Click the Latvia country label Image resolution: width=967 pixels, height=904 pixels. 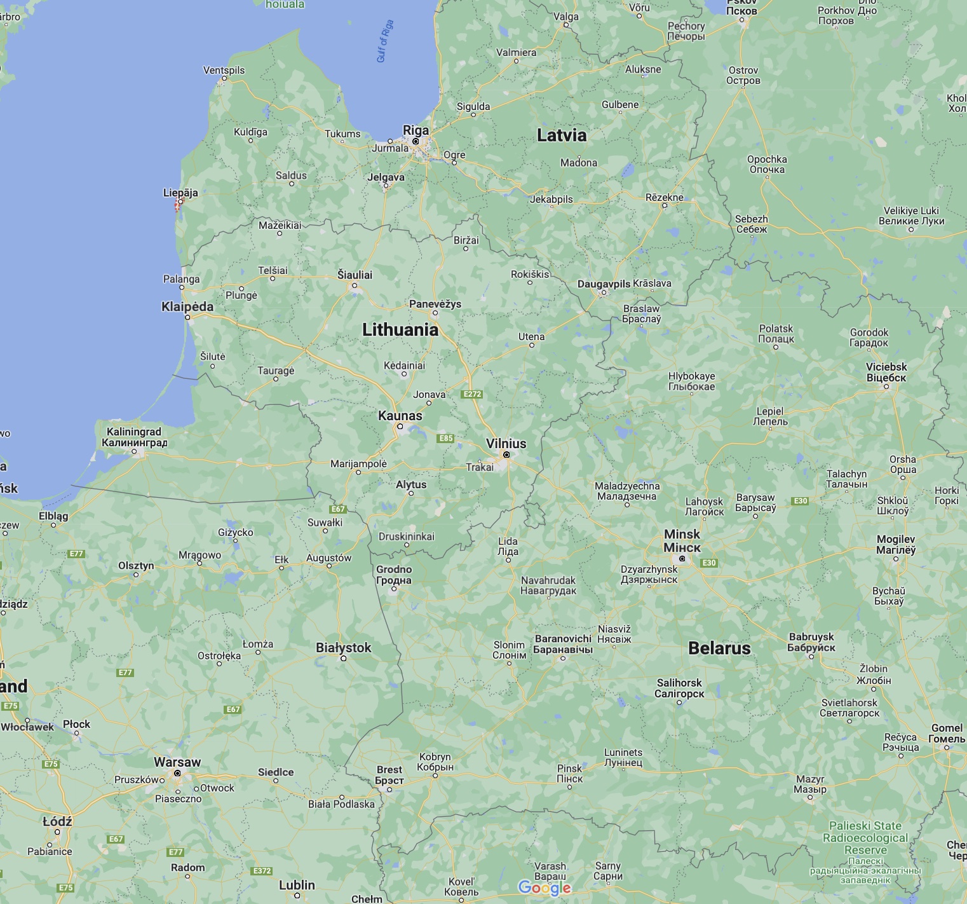[x=561, y=135]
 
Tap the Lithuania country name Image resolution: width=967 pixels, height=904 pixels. [x=400, y=329]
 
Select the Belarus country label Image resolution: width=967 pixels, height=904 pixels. [x=719, y=648]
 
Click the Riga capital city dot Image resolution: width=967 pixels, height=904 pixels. [x=416, y=141]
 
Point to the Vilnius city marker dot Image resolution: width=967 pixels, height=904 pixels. [x=506, y=455]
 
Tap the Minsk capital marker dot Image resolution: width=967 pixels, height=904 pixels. [x=682, y=559]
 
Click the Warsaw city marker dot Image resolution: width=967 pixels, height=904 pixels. [x=177, y=774]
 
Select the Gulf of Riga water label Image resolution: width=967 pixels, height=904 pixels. [x=385, y=41]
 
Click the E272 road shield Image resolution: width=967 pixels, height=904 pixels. [x=472, y=394]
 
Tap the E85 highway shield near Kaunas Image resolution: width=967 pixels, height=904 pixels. [x=446, y=438]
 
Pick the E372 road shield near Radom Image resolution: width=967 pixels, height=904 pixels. [x=262, y=871]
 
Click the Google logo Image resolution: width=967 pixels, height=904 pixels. [x=544, y=887]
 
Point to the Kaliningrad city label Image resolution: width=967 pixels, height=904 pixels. [x=134, y=437]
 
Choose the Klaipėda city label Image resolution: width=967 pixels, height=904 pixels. [x=187, y=306]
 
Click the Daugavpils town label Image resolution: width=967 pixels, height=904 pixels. [x=604, y=284]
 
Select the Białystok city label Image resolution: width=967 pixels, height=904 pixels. [x=343, y=647]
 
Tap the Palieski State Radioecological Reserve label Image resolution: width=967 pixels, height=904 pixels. [x=865, y=838]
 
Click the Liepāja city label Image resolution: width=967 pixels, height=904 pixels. [x=180, y=193]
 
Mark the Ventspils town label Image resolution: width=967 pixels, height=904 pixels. [x=224, y=70]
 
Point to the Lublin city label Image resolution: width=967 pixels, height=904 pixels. [x=297, y=884]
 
